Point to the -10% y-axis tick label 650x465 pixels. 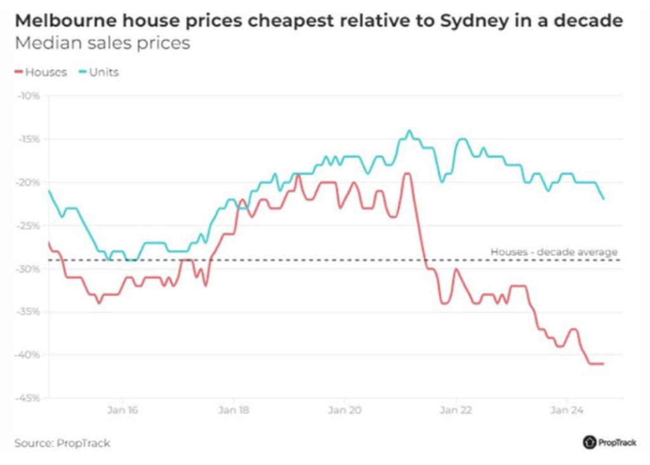click(x=29, y=96)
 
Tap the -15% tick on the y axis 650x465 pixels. click(x=29, y=139)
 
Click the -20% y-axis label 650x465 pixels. click(x=29, y=182)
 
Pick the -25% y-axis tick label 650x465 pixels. click(x=29, y=226)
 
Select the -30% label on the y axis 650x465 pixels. click(x=29, y=269)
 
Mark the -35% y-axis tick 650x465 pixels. click(x=29, y=312)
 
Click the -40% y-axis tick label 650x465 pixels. click(x=29, y=354)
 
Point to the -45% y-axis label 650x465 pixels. click(x=29, y=398)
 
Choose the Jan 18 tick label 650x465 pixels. click(x=234, y=410)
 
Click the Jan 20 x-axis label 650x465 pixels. click(x=345, y=410)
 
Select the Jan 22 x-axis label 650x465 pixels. click(x=456, y=410)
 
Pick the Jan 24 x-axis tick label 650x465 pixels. click(x=567, y=410)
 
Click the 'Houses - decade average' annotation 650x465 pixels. click(x=554, y=252)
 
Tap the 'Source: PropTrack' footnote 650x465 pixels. click(x=58, y=443)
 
